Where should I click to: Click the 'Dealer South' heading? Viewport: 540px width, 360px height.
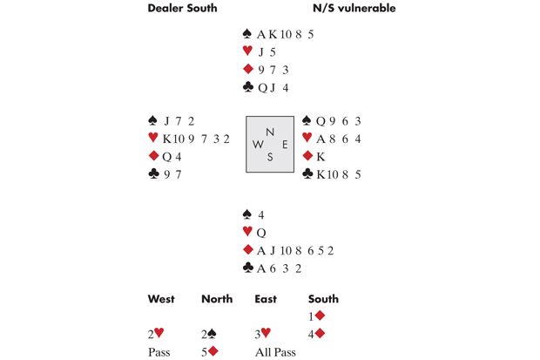click(182, 8)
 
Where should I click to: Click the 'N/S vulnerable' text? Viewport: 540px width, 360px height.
click(354, 8)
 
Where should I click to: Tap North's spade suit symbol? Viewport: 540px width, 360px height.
click(247, 33)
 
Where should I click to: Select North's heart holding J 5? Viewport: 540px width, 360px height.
click(267, 52)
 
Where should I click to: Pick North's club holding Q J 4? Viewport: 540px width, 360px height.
click(273, 88)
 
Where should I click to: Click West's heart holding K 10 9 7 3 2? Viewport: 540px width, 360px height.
click(196, 139)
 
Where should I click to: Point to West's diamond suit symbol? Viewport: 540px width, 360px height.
click(153, 156)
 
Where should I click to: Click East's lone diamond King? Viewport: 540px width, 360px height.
click(321, 157)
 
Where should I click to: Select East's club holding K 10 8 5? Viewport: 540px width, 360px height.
click(339, 174)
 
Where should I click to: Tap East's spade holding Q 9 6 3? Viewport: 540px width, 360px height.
click(338, 121)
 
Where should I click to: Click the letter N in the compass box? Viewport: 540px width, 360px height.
click(270, 132)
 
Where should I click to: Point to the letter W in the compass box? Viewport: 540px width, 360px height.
click(258, 145)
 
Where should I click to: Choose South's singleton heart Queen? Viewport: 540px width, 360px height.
click(261, 233)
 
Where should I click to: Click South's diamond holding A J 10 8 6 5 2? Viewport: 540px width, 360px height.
click(295, 250)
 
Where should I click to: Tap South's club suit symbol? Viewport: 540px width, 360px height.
click(247, 268)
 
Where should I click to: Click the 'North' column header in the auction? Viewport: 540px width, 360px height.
click(217, 299)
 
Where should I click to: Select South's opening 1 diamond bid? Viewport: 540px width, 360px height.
click(316, 316)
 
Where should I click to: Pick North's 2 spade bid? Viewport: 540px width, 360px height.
click(209, 334)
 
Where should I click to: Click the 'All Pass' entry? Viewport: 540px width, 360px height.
click(275, 352)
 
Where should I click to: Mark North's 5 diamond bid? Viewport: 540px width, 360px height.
click(210, 352)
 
